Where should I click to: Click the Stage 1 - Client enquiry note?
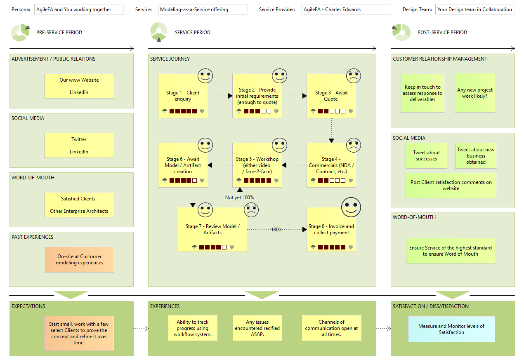tap(183, 96)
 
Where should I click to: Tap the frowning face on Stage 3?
tap(353, 76)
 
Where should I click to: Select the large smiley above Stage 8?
tap(351, 207)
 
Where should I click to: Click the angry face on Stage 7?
tap(251, 210)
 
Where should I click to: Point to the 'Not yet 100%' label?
tap(239, 198)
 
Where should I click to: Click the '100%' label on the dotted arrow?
tap(276, 229)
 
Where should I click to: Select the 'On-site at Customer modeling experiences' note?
tap(79, 260)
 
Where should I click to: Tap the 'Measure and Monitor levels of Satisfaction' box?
tap(451, 329)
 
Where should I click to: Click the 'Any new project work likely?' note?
tap(474, 93)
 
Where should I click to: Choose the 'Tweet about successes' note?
tap(426, 156)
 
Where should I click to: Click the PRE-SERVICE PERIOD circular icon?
tap(20, 33)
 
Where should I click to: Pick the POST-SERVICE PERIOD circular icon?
tap(401, 33)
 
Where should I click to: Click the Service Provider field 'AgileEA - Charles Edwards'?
tap(346, 9)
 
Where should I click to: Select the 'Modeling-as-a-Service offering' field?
tap(203, 9)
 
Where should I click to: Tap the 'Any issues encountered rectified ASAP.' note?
tap(257, 328)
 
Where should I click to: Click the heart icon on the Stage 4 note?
tap(350, 180)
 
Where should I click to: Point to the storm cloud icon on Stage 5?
tap(239, 180)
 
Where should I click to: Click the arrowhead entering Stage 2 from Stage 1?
tap(230, 96)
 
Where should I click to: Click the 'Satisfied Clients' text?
tap(78, 199)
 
